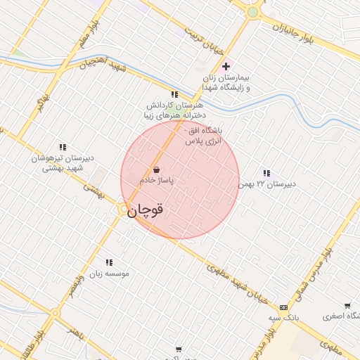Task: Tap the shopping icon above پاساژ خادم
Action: [x=156, y=169]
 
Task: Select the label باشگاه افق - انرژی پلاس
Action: [x=202, y=136]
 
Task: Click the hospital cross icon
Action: [x=225, y=66]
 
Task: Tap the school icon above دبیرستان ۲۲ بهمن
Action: [x=266, y=172]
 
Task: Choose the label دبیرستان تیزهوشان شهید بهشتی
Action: [x=58, y=164]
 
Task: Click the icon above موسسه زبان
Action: [x=108, y=262]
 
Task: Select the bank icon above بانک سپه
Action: [x=283, y=307]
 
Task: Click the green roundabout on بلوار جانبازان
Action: [x=252, y=12]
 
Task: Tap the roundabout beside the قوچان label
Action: [x=124, y=209]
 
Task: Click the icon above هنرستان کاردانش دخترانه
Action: [x=174, y=94]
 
